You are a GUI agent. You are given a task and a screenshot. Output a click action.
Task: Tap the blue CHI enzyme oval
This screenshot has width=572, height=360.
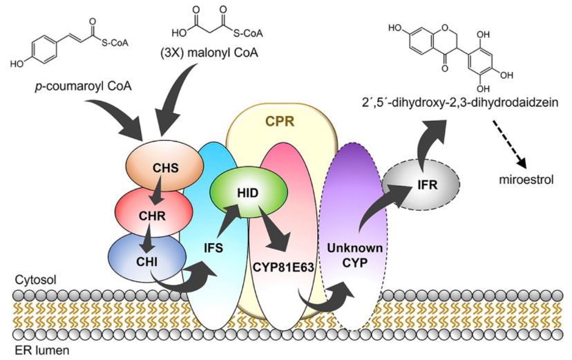(148, 257)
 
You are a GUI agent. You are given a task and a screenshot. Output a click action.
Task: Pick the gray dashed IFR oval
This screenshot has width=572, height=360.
(421, 185)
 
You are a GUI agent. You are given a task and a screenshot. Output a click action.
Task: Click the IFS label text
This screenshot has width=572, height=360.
(213, 249)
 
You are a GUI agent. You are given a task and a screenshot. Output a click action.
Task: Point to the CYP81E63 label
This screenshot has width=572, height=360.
(283, 267)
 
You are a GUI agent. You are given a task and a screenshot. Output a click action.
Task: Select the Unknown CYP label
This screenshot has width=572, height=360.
(354, 256)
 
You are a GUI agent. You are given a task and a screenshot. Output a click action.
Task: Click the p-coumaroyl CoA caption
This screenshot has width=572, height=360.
(83, 87)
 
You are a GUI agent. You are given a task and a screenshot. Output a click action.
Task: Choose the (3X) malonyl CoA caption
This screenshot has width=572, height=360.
(209, 53)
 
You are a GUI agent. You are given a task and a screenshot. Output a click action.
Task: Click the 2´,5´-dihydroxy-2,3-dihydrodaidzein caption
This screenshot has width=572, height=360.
(459, 103)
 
